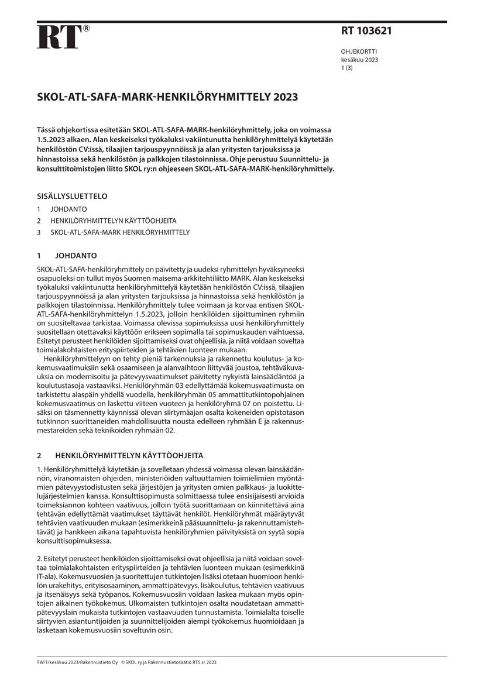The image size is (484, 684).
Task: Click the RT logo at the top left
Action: (x=58, y=37)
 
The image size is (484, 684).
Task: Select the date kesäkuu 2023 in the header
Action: (x=359, y=60)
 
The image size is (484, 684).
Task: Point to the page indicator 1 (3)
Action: (x=346, y=68)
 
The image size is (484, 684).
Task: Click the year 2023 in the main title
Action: (x=285, y=98)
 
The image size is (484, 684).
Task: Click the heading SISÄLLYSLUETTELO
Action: (x=72, y=196)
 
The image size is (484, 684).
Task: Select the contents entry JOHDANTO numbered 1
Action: (x=68, y=209)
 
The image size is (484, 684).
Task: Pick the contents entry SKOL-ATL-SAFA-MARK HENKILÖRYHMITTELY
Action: (x=120, y=232)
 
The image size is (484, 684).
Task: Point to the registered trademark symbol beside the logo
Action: (x=86, y=28)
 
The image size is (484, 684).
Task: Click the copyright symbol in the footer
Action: (x=123, y=662)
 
